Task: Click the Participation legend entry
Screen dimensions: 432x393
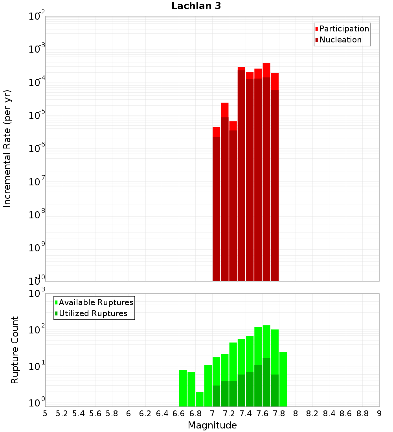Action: (344, 29)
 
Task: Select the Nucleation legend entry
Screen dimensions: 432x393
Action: (340, 40)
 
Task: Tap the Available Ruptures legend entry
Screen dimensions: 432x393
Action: (95, 302)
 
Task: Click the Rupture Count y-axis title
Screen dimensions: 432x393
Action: (15, 350)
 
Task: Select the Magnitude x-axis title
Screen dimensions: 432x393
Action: (212, 425)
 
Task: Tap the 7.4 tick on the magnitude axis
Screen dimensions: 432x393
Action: (246, 414)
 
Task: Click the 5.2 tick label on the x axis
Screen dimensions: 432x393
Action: (62, 414)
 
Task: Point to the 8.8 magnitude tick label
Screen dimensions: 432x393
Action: (362, 414)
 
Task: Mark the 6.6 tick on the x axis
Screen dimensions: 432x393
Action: (179, 414)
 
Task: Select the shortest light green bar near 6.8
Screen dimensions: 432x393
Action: (200, 399)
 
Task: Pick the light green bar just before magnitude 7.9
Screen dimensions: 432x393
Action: (283, 379)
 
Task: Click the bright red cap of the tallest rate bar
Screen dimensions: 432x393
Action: (266, 70)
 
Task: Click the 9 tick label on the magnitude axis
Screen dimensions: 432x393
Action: (379, 414)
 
